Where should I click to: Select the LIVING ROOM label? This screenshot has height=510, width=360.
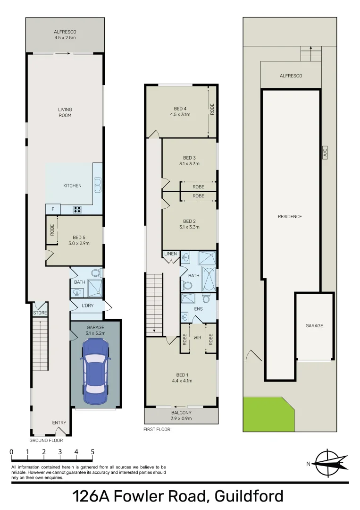(65, 112)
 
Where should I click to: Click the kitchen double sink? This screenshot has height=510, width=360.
(98, 185)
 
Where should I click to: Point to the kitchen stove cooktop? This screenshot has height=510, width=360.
(77, 210)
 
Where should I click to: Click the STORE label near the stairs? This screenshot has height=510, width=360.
(39, 313)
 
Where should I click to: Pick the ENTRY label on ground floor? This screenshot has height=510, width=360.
(59, 423)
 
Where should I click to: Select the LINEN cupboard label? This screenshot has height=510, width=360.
(170, 254)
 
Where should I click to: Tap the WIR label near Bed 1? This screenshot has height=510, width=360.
(198, 338)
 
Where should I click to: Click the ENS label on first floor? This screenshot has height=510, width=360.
(198, 309)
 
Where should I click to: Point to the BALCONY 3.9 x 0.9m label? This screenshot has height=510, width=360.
(182, 415)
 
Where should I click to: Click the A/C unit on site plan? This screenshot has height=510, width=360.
(325, 153)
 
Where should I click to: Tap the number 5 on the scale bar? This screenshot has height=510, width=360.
(92, 452)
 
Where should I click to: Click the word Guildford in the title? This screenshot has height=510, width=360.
(249, 496)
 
